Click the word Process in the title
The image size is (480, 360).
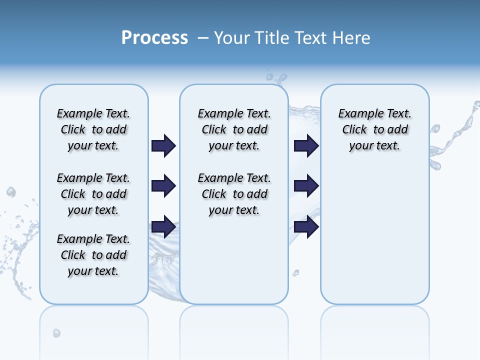coord(154,38)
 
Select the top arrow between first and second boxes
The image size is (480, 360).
coord(163,145)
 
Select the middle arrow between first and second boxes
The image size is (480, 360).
coord(163,186)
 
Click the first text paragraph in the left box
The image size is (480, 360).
coord(93,129)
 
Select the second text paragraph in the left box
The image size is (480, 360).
coord(93,194)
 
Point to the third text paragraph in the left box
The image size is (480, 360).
coord(93,255)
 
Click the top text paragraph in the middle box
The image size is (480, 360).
coord(234,129)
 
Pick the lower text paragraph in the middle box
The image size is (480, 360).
coord(234,194)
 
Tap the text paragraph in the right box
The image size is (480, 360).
coord(374,129)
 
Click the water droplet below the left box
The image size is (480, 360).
coord(56,332)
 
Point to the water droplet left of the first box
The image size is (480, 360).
coord(10,192)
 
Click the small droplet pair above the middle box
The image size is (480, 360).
coord(276,77)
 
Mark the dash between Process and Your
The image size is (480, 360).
coord(203,38)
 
